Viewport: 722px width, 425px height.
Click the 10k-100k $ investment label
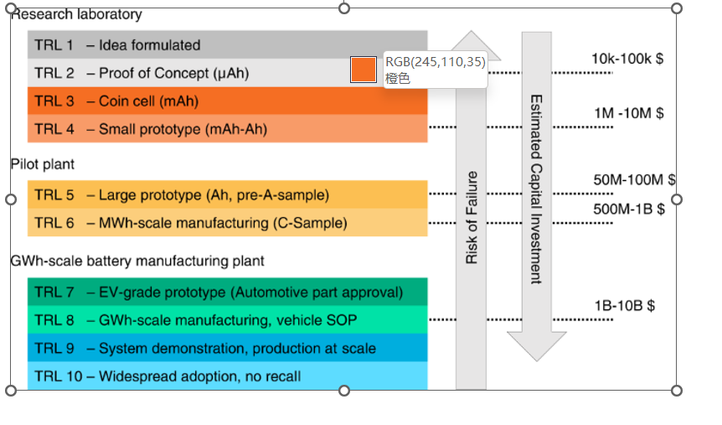pos(627,59)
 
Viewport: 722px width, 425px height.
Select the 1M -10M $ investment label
pos(628,112)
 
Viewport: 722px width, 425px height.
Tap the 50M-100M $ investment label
pos(634,180)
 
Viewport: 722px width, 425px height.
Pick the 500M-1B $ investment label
pos(629,209)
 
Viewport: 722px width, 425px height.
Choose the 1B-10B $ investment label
pos(624,305)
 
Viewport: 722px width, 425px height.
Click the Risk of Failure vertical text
pos(472,218)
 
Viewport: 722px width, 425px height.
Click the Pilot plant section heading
pos(43,164)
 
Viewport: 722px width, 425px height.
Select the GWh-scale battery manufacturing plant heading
pos(137,261)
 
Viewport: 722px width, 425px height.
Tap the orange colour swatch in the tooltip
pos(364,70)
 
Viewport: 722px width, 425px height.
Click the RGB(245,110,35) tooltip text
pos(435,62)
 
